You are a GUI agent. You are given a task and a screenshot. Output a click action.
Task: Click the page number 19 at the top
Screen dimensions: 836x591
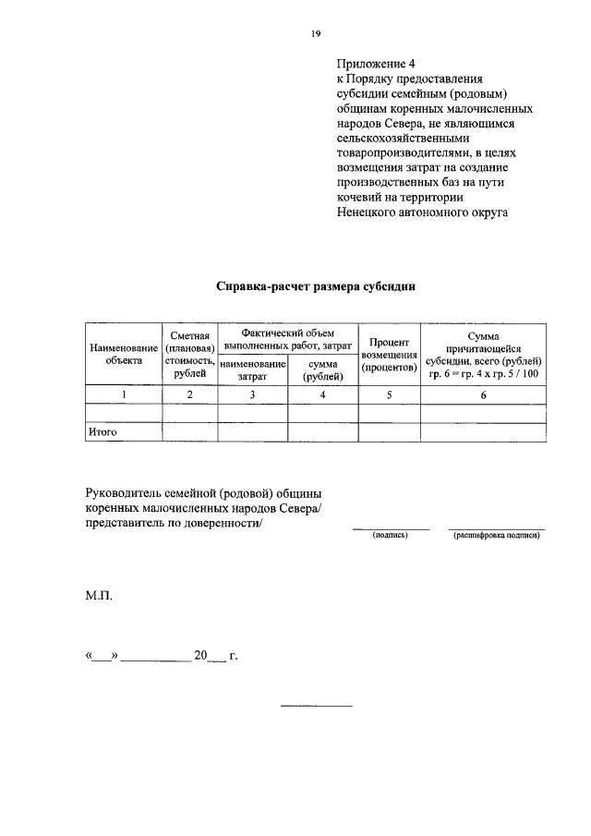click(x=315, y=34)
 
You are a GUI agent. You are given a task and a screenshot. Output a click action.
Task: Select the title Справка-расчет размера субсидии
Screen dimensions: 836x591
click(x=316, y=286)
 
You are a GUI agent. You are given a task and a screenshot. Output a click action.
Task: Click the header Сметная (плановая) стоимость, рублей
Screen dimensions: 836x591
click(x=189, y=354)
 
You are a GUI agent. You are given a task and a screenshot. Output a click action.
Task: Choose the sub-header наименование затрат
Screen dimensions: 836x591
click(x=253, y=371)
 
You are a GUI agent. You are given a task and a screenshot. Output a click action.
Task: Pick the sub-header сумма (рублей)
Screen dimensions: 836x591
click(x=323, y=371)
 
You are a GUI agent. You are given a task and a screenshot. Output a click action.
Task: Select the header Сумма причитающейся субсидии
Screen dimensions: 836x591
click(x=483, y=354)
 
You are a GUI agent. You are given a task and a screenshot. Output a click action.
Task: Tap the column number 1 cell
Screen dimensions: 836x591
click(x=124, y=394)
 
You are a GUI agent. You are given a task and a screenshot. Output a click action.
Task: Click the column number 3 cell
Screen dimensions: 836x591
click(x=253, y=394)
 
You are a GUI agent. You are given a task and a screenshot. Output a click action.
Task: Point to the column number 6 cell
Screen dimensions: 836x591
click(x=483, y=394)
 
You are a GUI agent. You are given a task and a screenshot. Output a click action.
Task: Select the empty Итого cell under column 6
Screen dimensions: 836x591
click(x=483, y=431)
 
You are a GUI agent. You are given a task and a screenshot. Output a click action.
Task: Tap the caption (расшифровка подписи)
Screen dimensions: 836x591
click(x=496, y=535)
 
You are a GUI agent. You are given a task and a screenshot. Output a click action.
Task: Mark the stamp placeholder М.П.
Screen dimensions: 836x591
click(x=98, y=597)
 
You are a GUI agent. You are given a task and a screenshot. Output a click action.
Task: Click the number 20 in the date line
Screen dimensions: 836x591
click(x=199, y=657)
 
